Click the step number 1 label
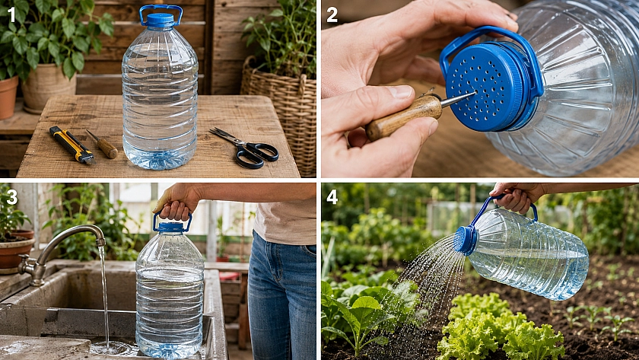point(11,15)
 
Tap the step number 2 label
point(332,15)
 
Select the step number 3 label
point(12,197)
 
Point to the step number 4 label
point(332,197)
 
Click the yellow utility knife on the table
point(72,145)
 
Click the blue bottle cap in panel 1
point(161,20)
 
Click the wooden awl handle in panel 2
point(403,117)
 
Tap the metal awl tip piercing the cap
point(458,99)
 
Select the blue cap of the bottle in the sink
point(171,227)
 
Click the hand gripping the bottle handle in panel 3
point(178,202)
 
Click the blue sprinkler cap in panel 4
point(466,241)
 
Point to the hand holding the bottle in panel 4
point(517,196)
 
